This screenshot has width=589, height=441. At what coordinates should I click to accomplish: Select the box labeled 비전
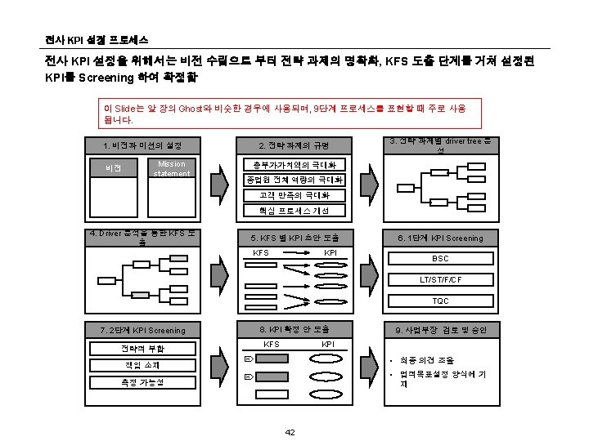(114, 169)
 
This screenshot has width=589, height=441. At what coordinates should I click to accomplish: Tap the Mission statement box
(172, 169)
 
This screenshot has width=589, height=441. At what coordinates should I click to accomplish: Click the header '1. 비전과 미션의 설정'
(143, 145)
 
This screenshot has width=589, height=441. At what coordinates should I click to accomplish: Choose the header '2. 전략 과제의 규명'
(294, 145)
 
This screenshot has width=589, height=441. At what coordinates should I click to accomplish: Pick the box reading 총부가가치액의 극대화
(294, 165)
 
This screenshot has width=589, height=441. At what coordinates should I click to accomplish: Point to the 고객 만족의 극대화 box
(294, 195)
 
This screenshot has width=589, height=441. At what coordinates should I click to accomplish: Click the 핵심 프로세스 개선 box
(294, 211)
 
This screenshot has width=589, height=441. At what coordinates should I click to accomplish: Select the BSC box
(440, 259)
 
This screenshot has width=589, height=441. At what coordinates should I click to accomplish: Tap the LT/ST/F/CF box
(440, 280)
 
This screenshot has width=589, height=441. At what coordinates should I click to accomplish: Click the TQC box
(440, 301)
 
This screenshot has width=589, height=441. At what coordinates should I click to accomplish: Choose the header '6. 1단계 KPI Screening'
(440, 238)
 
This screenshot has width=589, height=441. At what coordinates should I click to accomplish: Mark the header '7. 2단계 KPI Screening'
(142, 331)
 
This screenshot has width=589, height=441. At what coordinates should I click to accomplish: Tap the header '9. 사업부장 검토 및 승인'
(440, 330)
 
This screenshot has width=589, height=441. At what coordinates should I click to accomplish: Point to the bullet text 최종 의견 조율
(427, 360)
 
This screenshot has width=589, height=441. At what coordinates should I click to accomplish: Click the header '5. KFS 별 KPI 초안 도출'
(294, 238)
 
